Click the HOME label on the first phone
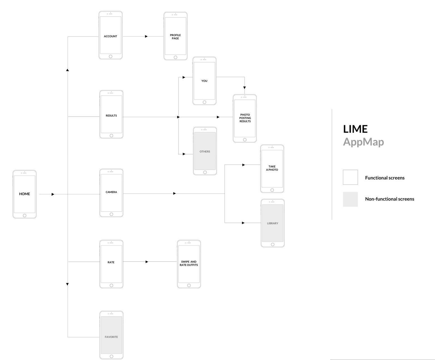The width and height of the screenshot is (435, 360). pos(24,194)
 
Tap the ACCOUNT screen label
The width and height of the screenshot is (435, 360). pos(110,36)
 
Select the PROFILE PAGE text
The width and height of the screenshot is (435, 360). pos(175,37)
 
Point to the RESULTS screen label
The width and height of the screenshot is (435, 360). pos(111,116)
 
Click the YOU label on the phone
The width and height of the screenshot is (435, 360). pos(204,81)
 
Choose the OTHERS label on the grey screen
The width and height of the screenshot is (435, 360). pos(205,151)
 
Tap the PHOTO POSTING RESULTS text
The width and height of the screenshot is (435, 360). pos(245,118)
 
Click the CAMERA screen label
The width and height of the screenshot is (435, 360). pos(111,192)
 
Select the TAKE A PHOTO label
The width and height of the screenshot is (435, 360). pos(272,168)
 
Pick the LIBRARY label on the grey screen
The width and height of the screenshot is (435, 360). pos(273,223)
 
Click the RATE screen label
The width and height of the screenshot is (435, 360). pos(111,262)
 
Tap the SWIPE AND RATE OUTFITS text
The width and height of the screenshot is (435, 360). pos(189,263)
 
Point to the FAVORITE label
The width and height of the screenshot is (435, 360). pos(111,337)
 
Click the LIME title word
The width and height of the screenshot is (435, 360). pos(355,129)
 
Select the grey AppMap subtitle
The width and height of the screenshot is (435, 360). pos(363,142)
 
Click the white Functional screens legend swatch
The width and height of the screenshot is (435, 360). pos(350,177)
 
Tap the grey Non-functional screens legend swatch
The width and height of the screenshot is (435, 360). pos(350,199)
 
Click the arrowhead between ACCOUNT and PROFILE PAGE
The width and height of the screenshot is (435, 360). pos(146,36)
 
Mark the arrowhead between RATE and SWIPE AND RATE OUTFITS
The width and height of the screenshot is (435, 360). pos(147,262)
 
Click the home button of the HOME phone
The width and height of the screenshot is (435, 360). pos(24,216)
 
